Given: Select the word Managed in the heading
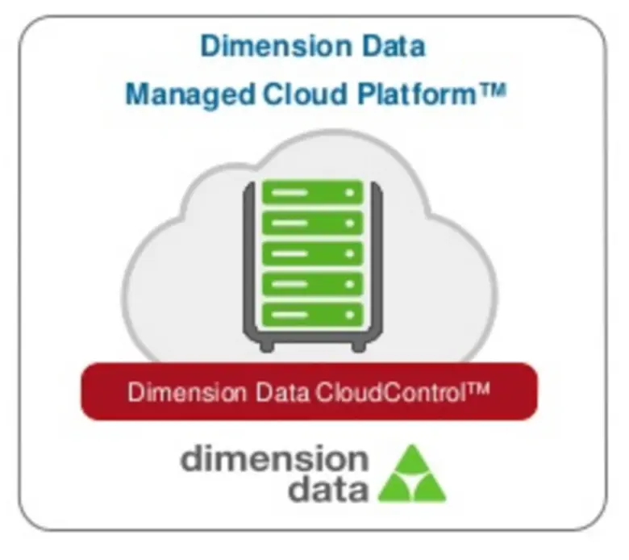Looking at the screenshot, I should tap(190, 94).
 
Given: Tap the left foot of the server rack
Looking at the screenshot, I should tap(267, 345).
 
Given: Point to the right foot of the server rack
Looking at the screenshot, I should tap(359, 345).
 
